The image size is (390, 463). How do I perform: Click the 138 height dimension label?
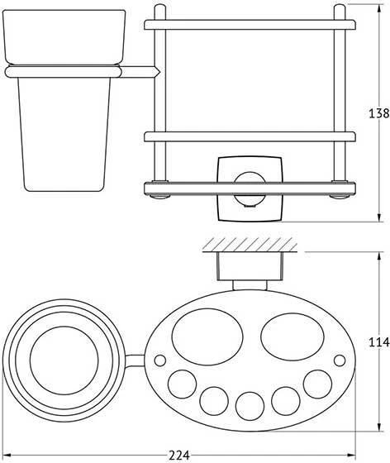click(379, 113)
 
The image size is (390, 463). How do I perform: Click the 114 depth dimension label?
click(379, 342)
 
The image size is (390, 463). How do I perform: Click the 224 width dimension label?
click(178, 455)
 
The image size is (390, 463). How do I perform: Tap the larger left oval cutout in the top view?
click(207, 337)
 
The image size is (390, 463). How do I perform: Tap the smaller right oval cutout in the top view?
click(292, 337)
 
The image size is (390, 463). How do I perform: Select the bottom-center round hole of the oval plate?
click(250, 406)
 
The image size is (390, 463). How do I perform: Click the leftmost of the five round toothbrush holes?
click(183, 384)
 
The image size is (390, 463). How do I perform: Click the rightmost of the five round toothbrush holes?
click(317, 384)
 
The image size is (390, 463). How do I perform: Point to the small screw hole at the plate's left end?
click(160, 360)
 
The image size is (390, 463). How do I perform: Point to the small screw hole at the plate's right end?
click(340, 360)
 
